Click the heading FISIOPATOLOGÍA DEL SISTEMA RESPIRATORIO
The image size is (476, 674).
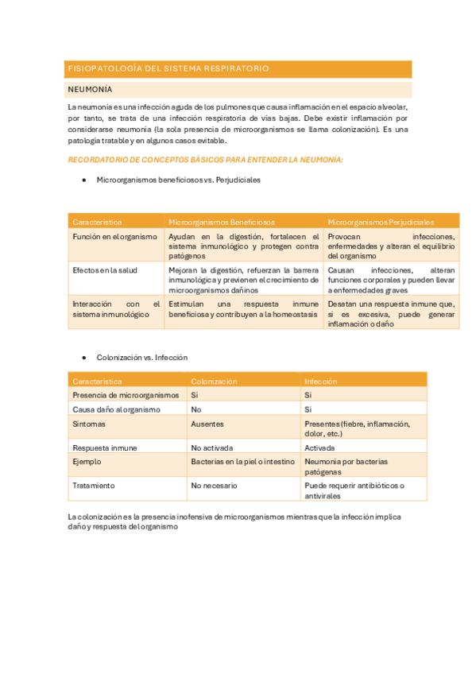[x=168, y=69]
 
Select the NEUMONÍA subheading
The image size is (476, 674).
[x=91, y=90]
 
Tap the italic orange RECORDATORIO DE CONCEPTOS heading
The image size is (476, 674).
[x=205, y=160]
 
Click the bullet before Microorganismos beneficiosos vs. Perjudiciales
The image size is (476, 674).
[x=84, y=180]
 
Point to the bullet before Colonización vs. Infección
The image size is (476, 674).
[x=84, y=358]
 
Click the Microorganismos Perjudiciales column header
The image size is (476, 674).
[x=381, y=221]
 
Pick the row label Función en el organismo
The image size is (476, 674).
[x=114, y=237]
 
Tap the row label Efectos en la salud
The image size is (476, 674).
[x=105, y=270]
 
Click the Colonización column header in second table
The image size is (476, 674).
[x=214, y=382]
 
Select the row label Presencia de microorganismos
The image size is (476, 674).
[x=126, y=395]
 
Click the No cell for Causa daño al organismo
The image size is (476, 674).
[x=195, y=409]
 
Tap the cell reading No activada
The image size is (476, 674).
[x=211, y=447]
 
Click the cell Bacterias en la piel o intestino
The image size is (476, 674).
[x=242, y=462]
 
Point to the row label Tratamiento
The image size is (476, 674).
[x=94, y=485]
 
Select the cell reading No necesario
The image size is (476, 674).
[x=215, y=485]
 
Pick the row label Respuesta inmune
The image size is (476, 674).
[x=104, y=447]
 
